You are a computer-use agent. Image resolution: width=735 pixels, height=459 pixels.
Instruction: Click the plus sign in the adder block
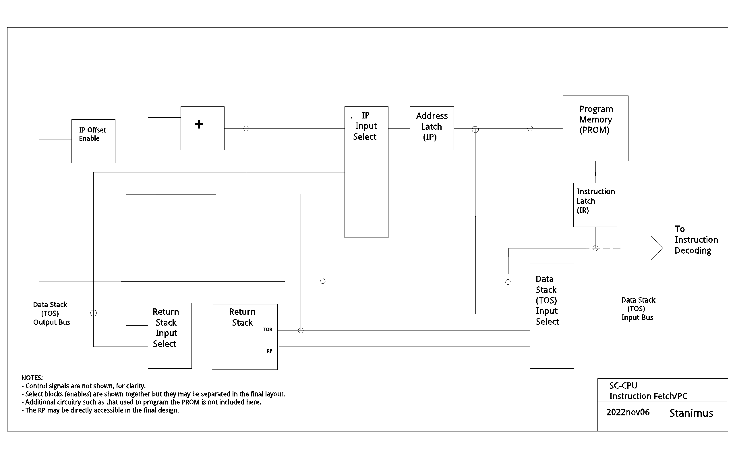[x=199, y=124]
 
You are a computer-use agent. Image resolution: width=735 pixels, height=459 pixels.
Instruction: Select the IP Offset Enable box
[x=93, y=141]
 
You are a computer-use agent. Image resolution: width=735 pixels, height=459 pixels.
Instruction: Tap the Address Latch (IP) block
[x=432, y=128]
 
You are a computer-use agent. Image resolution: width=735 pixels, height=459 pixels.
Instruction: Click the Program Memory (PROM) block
[x=595, y=128]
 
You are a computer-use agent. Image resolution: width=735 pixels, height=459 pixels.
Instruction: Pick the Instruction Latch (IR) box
[x=595, y=205]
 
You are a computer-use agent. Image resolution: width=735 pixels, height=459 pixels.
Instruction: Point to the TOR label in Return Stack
[x=268, y=329]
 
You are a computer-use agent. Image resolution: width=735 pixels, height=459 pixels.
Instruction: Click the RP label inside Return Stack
[x=269, y=351]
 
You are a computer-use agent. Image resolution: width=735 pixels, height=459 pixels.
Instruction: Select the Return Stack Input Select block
[x=169, y=336]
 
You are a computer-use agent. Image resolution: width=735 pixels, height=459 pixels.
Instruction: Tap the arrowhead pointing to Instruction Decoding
[x=657, y=248]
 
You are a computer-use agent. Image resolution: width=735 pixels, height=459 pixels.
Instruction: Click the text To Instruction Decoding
[x=696, y=240]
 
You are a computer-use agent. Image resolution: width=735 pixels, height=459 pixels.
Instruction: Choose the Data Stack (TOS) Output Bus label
[x=51, y=313]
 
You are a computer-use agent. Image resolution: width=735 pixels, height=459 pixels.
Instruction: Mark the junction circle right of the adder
[x=246, y=129]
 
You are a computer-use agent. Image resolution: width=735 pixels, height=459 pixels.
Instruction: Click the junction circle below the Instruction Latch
[x=595, y=248]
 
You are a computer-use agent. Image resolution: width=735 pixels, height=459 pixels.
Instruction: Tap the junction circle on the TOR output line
[x=301, y=330]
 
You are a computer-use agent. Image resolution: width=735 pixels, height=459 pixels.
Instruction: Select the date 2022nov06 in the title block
[x=628, y=412]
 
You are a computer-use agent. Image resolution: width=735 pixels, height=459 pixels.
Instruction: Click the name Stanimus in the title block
[x=691, y=413]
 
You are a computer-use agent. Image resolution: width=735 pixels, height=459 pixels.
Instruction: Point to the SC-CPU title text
[x=623, y=386]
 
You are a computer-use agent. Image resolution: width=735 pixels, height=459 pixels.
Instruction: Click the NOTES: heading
[x=32, y=378]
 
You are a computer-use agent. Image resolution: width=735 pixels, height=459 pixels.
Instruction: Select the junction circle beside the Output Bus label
[x=94, y=313]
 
